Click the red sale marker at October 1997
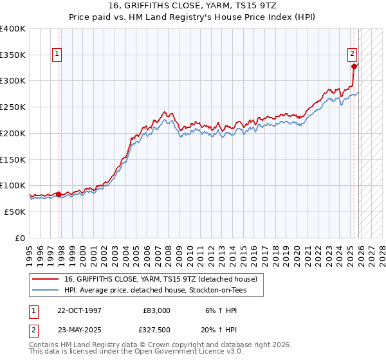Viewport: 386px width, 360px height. [x=59, y=194]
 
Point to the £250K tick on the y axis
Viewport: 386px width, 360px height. [x=13, y=107]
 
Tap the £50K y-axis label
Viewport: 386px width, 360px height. [x=15, y=212]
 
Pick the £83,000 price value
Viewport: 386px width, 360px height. [x=156, y=310]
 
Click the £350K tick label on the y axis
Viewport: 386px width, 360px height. [x=13, y=55]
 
